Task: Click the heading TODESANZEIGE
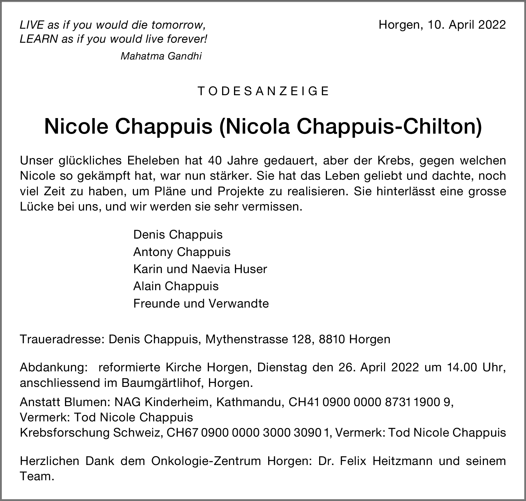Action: coord(263,91)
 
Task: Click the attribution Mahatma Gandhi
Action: coord(161,56)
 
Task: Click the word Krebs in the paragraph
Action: coord(395,160)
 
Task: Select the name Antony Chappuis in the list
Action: coord(182,252)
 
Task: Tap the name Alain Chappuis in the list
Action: coord(176,286)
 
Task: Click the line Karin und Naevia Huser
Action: coord(200,269)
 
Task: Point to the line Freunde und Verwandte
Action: coord(201,304)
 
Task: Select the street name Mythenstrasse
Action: coord(247,339)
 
